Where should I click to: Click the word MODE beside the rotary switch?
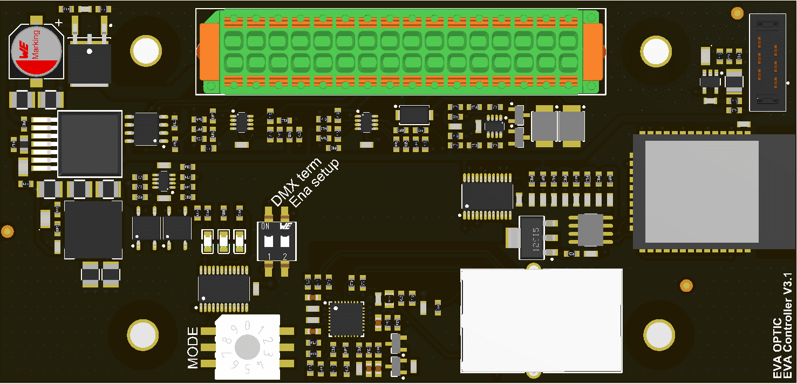click(x=193, y=348)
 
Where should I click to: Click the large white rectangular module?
click(x=541, y=320)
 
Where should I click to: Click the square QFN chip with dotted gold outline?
click(x=346, y=318)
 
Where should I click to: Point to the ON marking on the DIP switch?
click(x=265, y=227)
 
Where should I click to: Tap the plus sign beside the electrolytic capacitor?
click(x=59, y=23)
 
